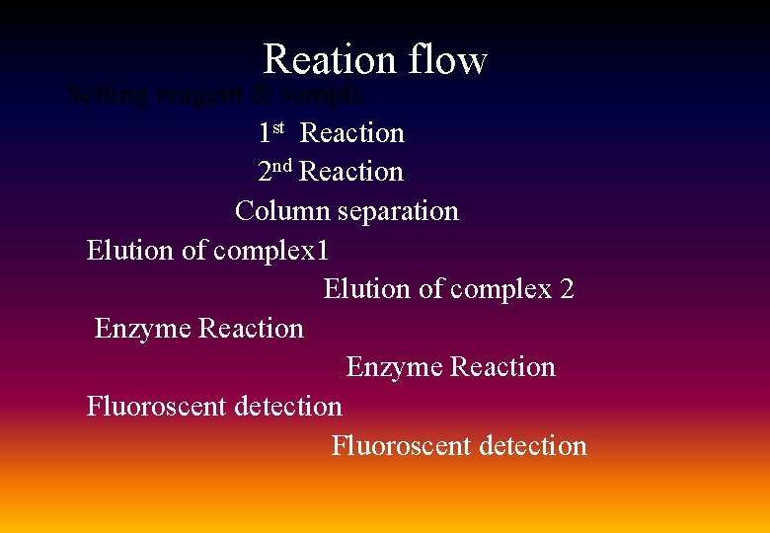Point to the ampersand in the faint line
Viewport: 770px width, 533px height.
pos(262,96)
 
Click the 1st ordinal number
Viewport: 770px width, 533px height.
pos(271,132)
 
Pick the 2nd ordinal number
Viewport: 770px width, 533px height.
pos(275,171)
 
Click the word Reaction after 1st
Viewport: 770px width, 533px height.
pos(352,133)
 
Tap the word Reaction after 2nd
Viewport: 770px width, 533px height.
pos(351,172)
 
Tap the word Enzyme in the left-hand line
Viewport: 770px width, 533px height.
pos(143,328)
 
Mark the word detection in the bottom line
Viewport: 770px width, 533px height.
pos(532,445)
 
